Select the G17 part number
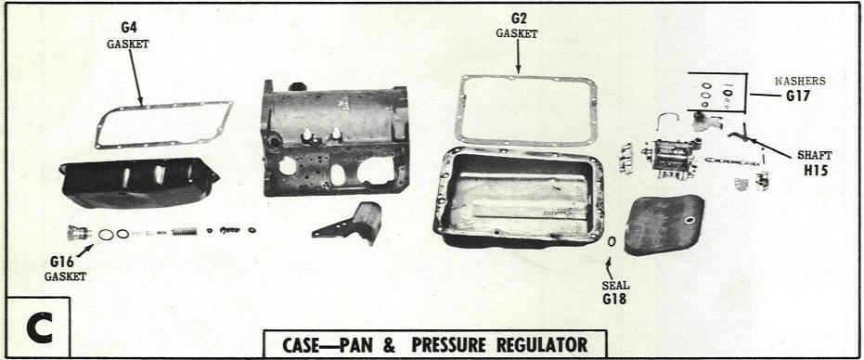tap(798, 96)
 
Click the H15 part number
tap(816, 171)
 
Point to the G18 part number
tap(614, 299)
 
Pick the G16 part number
tap(61, 262)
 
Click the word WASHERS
tap(801, 81)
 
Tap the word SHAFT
tap(815, 156)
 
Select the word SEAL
tap(615, 286)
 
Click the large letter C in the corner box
tap(39, 328)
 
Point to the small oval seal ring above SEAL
tap(612, 242)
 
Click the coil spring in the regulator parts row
tap(184, 232)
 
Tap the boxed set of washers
tap(716, 92)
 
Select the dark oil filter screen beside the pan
tap(664, 225)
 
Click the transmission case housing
tap(335, 139)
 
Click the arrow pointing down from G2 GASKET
tap(518, 57)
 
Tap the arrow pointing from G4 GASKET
tap(136, 78)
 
